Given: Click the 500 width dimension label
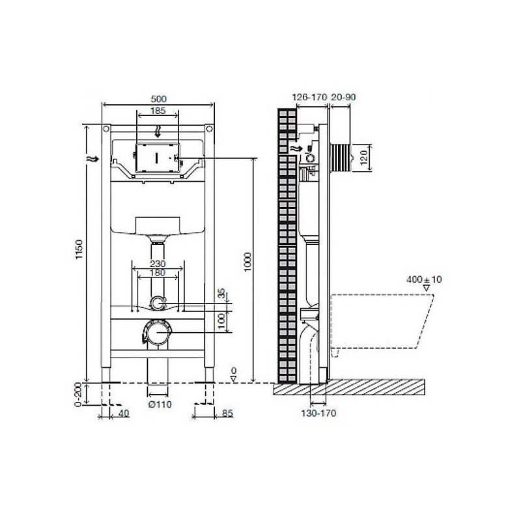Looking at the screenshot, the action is pyautogui.click(x=158, y=99).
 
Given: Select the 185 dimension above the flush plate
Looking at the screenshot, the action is pyautogui.click(x=158, y=111).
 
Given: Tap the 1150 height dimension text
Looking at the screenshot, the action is pyautogui.click(x=78, y=249).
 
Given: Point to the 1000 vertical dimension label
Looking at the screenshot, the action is pyautogui.click(x=247, y=262).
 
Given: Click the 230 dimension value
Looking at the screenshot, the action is pyautogui.click(x=158, y=264).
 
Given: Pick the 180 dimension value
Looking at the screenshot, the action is pyautogui.click(x=158, y=273).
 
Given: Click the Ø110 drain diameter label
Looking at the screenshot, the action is pyautogui.click(x=160, y=404).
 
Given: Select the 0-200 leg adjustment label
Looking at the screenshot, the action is pyautogui.click(x=77, y=395).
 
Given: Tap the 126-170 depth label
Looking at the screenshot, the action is pyautogui.click(x=310, y=97).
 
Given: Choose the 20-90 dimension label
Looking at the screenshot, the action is pyautogui.click(x=343, y=97).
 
